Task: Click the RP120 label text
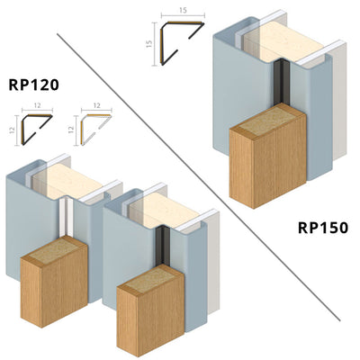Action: point(40,87)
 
